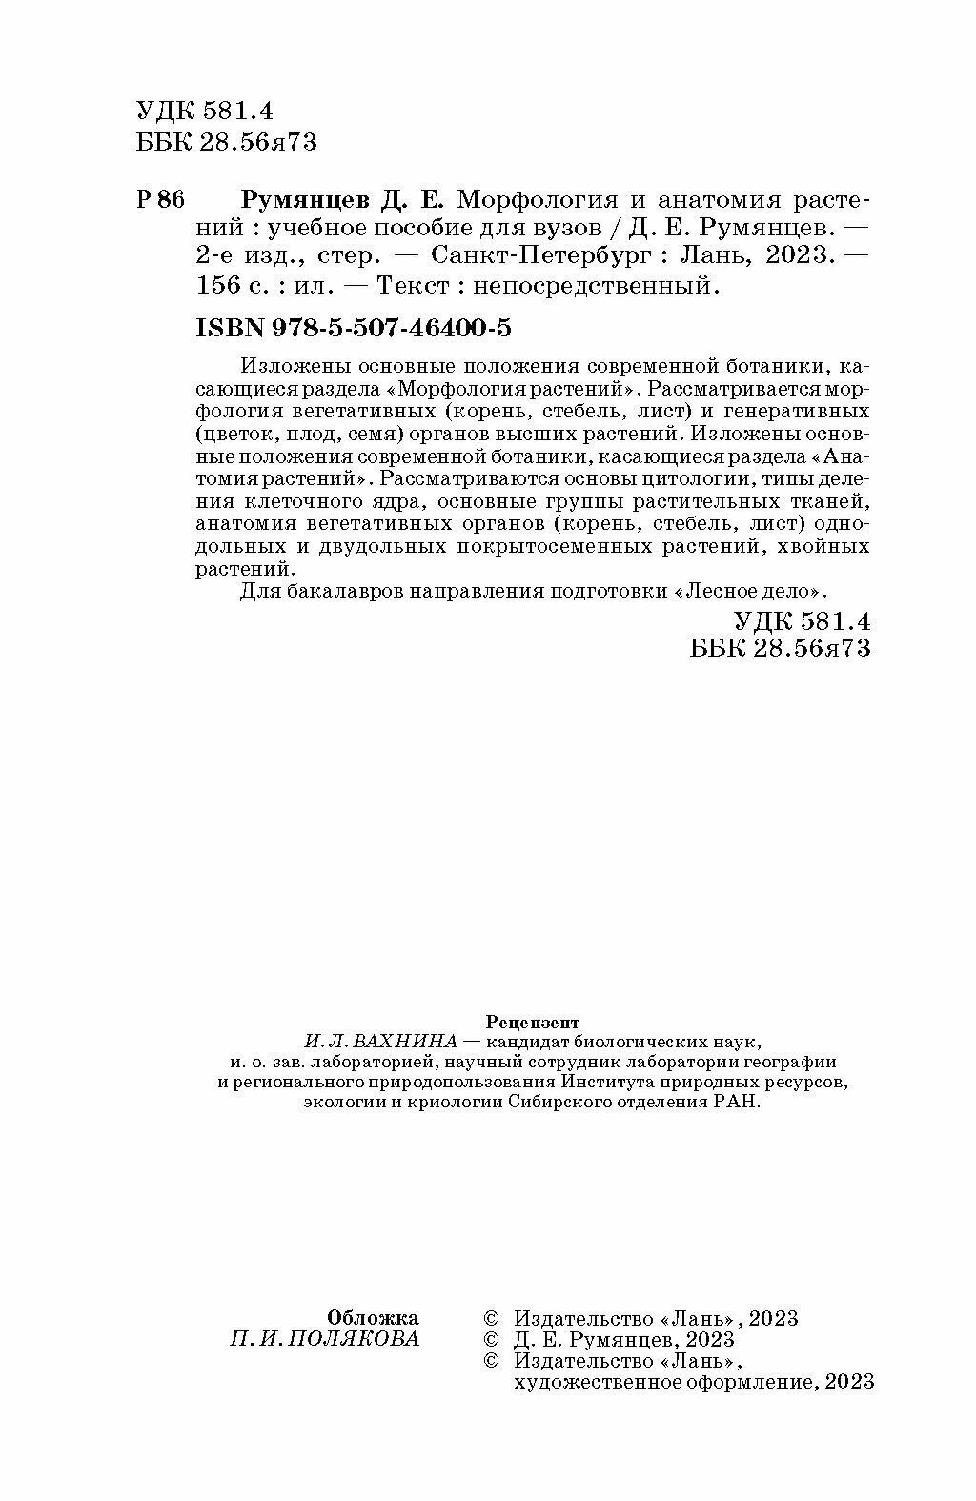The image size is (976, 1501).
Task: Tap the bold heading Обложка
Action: (x=373, y=1318)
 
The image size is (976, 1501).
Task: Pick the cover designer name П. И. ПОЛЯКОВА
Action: (x=324, y=1339)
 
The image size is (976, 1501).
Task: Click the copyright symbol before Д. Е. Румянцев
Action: (x=492, y=1339)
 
